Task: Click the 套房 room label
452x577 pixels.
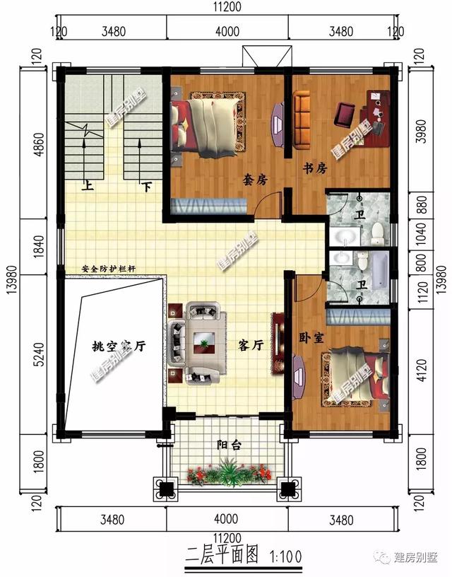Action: (x=256, y=180)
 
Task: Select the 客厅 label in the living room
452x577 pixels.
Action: (x=251, y=346)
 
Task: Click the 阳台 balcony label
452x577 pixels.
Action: (x=228, y=445)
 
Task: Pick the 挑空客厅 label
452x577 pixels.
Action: (x=119, y=346)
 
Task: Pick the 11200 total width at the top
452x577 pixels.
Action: (x=227, y=8)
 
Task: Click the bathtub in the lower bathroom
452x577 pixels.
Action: (x=380, y=269)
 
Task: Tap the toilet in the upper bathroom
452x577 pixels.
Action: (x=378, y=230)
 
